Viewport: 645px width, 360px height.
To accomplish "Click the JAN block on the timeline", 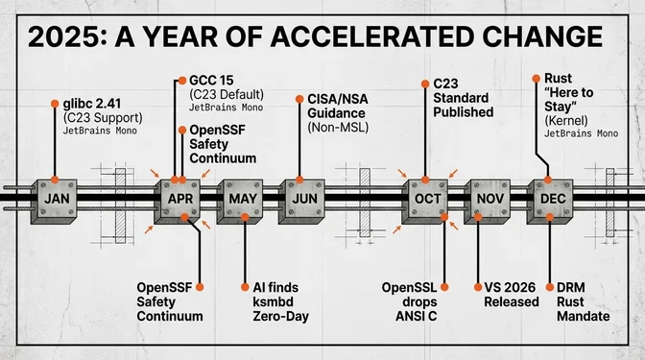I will [x=55, y=202].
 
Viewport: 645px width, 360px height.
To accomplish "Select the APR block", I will [x=178, y=202].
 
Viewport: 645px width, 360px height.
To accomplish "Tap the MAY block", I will [x=240, y=202].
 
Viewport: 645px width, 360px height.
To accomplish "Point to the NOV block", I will [x=488, y=202].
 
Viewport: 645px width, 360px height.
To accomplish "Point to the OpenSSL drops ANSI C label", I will [x=410, y=301].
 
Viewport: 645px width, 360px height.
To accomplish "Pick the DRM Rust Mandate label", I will [x=577, y=301].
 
